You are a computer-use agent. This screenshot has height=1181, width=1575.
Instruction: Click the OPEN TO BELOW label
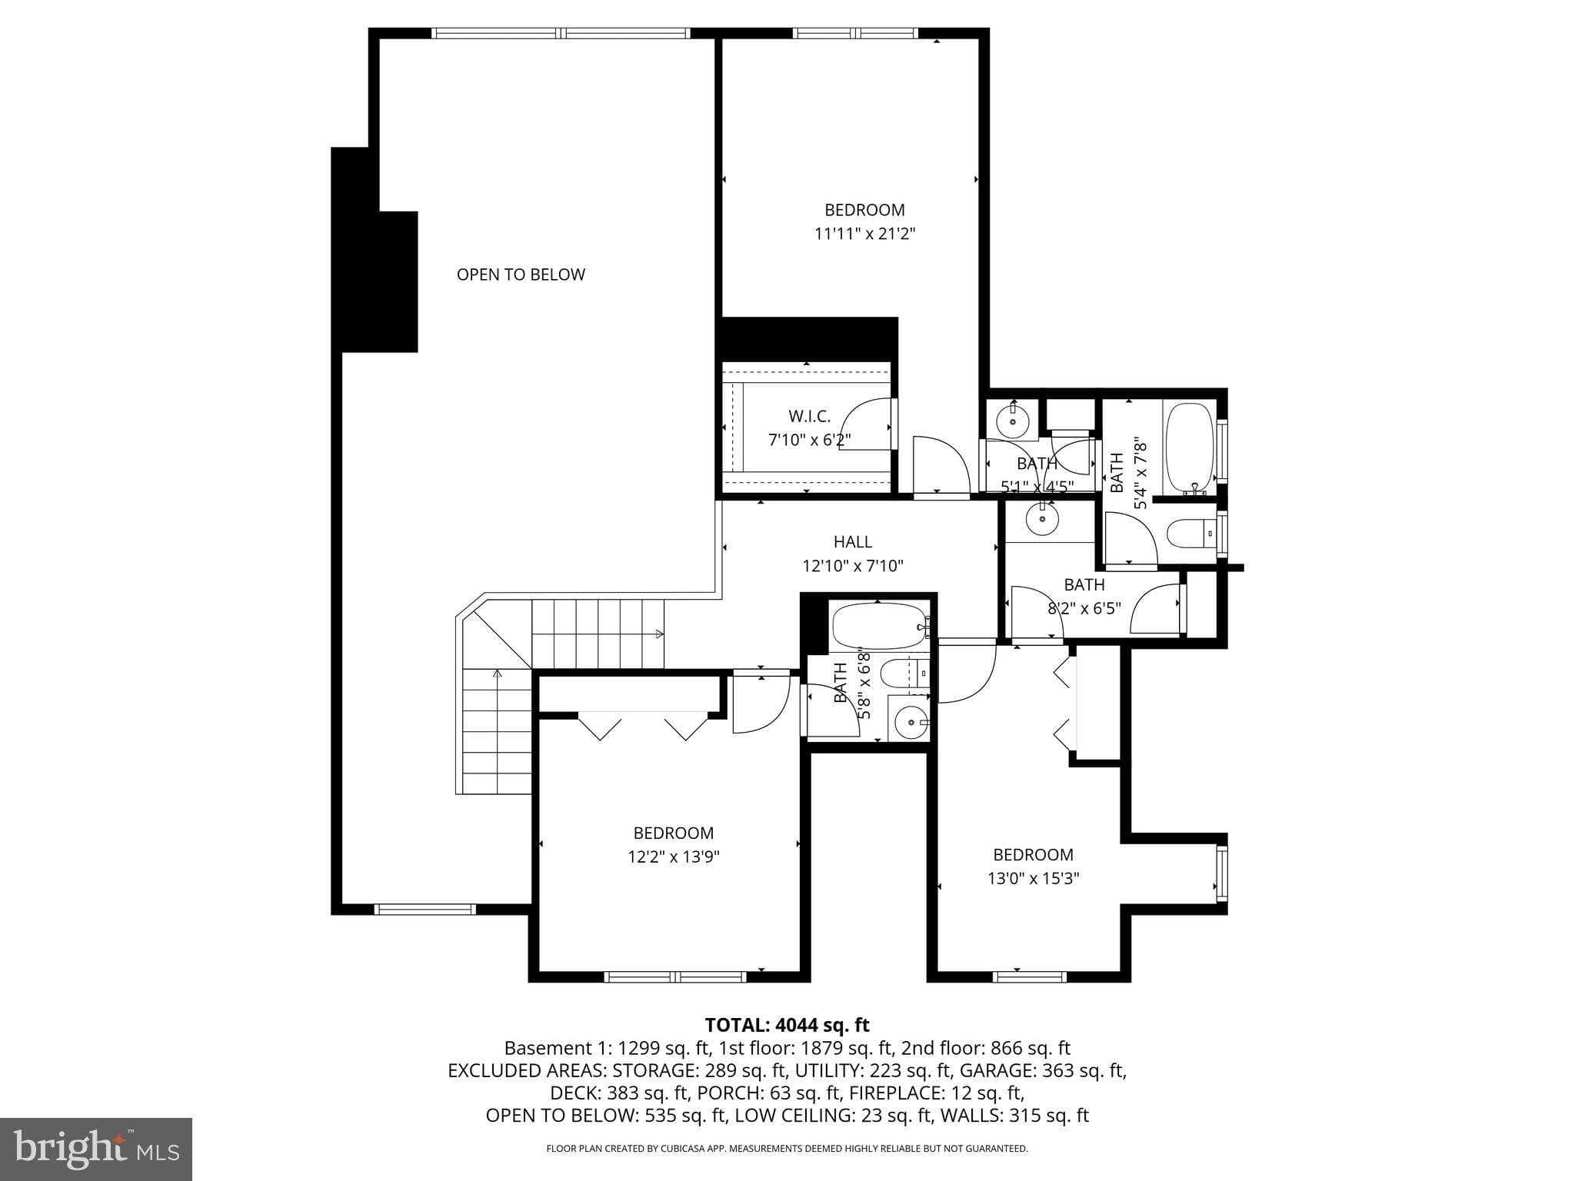pos(521,274)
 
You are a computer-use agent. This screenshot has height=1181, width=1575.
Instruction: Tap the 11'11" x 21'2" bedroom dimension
pos(864,234)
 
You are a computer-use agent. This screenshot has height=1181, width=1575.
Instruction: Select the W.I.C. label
pos(809,417)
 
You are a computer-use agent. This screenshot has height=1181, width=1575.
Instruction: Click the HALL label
pos(853,542)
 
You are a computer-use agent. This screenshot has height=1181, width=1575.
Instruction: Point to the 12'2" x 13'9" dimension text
pos(673,857)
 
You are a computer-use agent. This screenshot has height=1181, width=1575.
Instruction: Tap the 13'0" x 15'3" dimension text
pos(1033,878)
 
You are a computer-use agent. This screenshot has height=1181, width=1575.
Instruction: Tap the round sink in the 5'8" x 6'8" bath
pos(911,722)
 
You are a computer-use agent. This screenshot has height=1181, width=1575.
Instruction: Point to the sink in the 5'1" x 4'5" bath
pos(1013,421)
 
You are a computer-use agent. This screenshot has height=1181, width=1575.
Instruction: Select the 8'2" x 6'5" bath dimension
pos(1084,607)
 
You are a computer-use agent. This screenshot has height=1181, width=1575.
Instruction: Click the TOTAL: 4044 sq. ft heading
pos(787,1025)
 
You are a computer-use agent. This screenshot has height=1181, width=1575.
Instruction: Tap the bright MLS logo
pos(96,1149)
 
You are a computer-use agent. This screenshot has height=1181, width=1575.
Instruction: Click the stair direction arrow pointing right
pos(659,634)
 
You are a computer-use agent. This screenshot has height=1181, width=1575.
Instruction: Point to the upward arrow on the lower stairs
pos(497,674)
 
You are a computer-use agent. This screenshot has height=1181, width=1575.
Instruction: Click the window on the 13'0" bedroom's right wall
pos(1220,873)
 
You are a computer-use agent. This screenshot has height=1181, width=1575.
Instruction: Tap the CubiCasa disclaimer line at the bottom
pos(787,1149)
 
